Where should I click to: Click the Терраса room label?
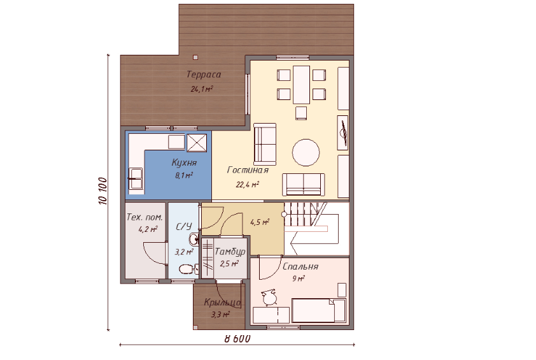tap(204, 75)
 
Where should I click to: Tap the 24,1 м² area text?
tap(202, 89)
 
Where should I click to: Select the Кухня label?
tap(184, 162)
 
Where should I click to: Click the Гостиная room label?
tap(248, 170)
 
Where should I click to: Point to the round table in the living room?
tap(306, 153)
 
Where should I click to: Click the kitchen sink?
tap(136, 178)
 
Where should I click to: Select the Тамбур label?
tap(230, 252)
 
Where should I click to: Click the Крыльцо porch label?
tap(222, 303)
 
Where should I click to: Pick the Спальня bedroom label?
tap(300, 266)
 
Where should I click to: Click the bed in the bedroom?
tap(318, 310)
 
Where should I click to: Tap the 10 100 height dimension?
tap(103, 191)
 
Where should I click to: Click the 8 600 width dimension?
tap(237, 338)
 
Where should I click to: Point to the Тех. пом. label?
tap(145, 217)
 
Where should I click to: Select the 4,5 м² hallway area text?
tap(260, 222)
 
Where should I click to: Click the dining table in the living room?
tap(301, 85)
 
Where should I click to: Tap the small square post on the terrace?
tap(195, 57)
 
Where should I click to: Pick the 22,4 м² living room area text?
tap(247, 185)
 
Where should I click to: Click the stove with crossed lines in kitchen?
tap(197, 142)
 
